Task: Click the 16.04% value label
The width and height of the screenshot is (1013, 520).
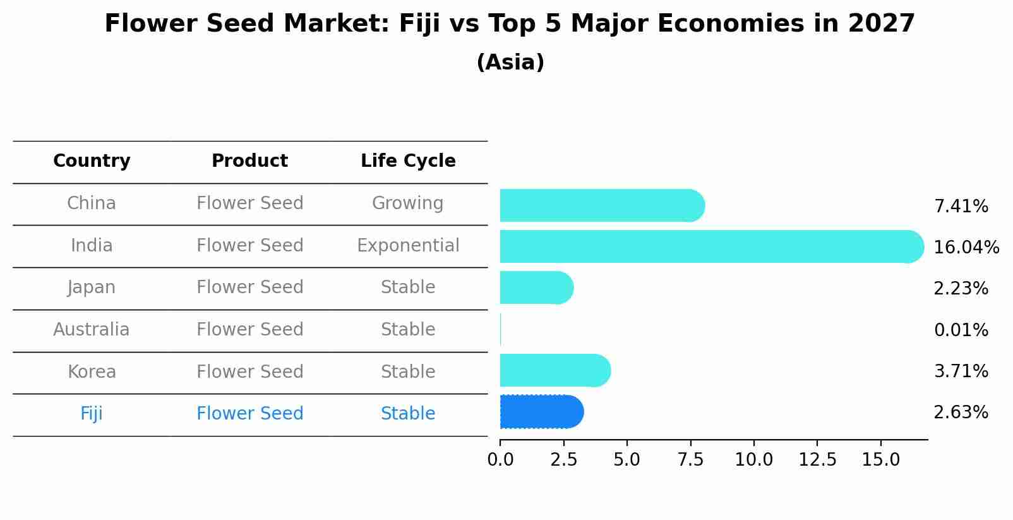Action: [x=966, y=247]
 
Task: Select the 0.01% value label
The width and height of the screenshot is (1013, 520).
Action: [x=961, y=330]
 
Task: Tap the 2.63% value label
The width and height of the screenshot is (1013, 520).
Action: [x=961, y=413]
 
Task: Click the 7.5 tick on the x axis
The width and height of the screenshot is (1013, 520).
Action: [x=690, y=460]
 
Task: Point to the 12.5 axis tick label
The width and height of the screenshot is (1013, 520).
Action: [x=817, y=460]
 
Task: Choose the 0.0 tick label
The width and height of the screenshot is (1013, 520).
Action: [x=500, y=460]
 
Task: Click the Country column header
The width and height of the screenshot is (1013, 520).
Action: [x=92, y=161]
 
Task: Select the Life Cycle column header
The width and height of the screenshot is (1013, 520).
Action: [x=408, y=161]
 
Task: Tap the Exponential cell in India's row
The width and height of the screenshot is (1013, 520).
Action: [x=408, y=245]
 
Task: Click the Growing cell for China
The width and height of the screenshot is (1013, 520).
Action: [x=407, y=203]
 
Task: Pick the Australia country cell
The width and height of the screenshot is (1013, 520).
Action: [x=92, y=330]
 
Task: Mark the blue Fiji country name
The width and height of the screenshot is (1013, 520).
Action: [x=92, y=414]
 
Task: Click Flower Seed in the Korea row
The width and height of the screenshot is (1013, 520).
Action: [x=250, y=372]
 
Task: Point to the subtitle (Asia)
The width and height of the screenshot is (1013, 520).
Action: [x=510, y=63]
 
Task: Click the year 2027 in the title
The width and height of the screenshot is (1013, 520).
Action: [x=881, y=24]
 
